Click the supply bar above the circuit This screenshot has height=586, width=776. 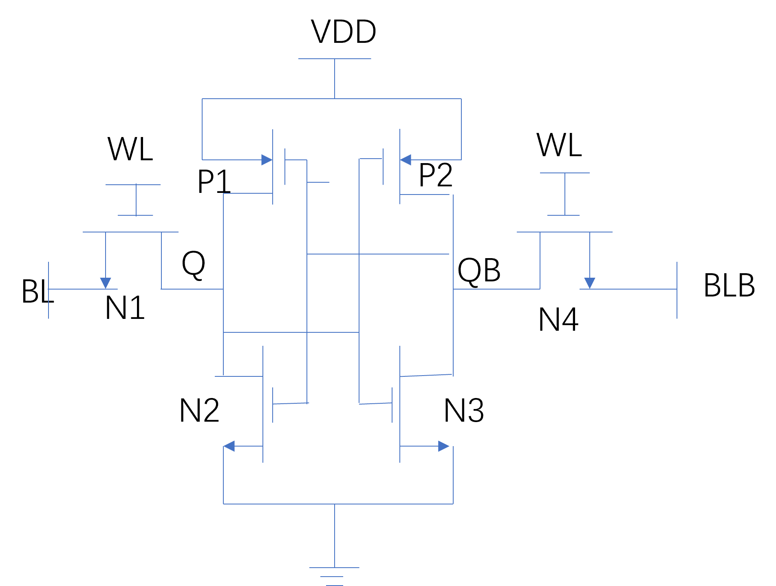coord(335,59)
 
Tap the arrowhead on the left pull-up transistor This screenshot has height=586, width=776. coord(267,160)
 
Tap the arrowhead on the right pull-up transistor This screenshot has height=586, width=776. coord(406,160)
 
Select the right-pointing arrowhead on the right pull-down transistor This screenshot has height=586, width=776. coord(443,446)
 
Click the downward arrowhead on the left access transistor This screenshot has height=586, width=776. coord(106,283)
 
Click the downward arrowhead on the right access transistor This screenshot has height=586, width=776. coord(590,283)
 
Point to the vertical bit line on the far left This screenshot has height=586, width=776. coord(48,290)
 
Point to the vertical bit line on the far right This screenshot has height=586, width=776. coord(677,290)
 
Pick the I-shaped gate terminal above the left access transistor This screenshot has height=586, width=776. coord(136,200)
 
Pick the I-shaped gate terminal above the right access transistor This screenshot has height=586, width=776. coord(565,194)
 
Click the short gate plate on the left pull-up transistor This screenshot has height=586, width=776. coord(285,167)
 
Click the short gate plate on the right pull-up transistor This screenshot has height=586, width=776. coord(383,167)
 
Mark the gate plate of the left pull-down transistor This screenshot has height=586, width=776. coord(273,405)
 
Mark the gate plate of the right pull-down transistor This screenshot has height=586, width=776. coord(392,405)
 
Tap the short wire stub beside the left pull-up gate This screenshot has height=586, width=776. coord(318,182)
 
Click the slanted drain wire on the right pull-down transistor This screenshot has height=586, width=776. coord(426,375)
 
